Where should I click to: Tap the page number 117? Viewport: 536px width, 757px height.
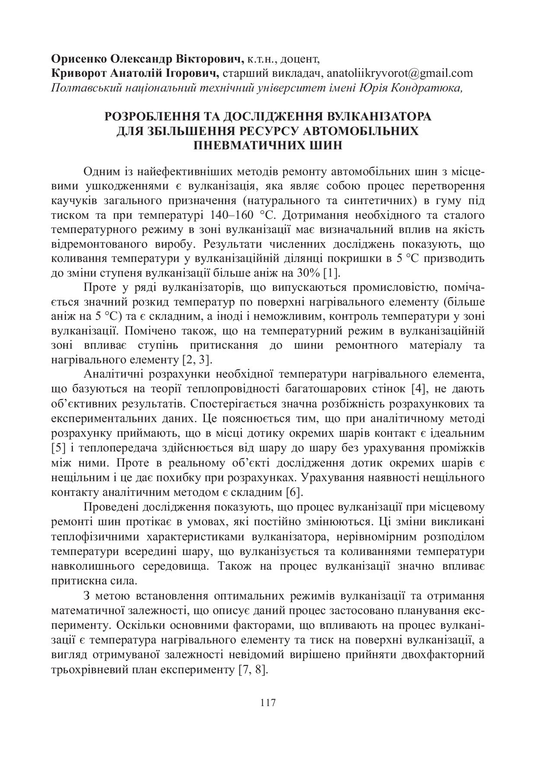tap(268, 703)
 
